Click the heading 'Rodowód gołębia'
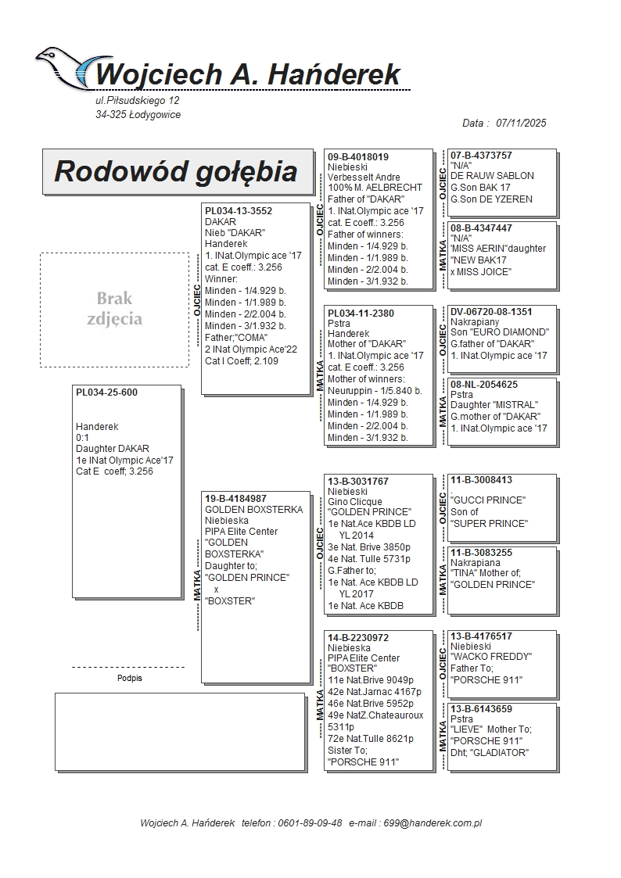pos(176,171)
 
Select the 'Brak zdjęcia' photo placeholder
pos(114,309)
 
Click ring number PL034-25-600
pos(106,392)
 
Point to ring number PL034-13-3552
pos(239,210)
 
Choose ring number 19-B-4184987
pos(235,498)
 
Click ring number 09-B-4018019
pos(358,157)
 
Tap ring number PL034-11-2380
pos(361,314)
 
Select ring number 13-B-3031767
pos(358,482)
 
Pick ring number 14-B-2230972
pos(358,638)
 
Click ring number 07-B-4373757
pos(481,156)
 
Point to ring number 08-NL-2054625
pos(484,385)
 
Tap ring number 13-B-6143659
pos(481,709)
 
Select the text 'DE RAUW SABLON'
pos(492,176)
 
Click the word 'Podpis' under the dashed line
pos(129,678)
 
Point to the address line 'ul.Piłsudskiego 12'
pos(137,101)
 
